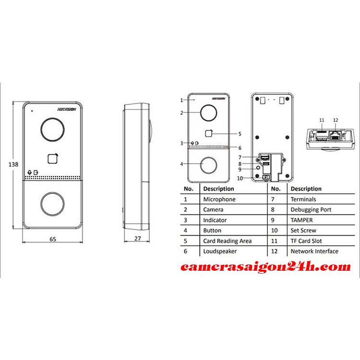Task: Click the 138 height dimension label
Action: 13,164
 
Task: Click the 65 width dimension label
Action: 53,239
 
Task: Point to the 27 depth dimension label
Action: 138,238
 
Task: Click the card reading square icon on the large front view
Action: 53,158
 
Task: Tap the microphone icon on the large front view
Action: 29,172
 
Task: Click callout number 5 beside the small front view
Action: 240,134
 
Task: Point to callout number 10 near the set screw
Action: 240,178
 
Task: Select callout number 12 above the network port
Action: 336,120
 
